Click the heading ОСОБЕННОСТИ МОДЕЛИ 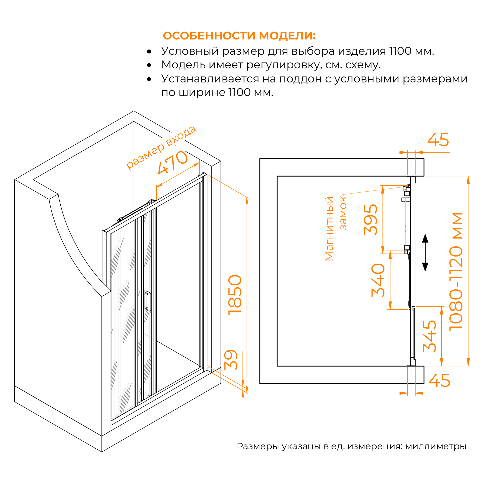tap(239, 36)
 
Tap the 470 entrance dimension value tap(173, 163)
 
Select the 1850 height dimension tap(235, 295)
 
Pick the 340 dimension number tap(378, 280)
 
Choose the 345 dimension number tap(429, 336)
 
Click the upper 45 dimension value tap(438, 140)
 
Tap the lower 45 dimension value tap(440, 381)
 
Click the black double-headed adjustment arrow tap(425, 253)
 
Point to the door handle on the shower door tap(148, 301)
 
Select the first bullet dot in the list tap(149, 52)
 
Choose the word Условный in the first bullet tap(190, 51)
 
